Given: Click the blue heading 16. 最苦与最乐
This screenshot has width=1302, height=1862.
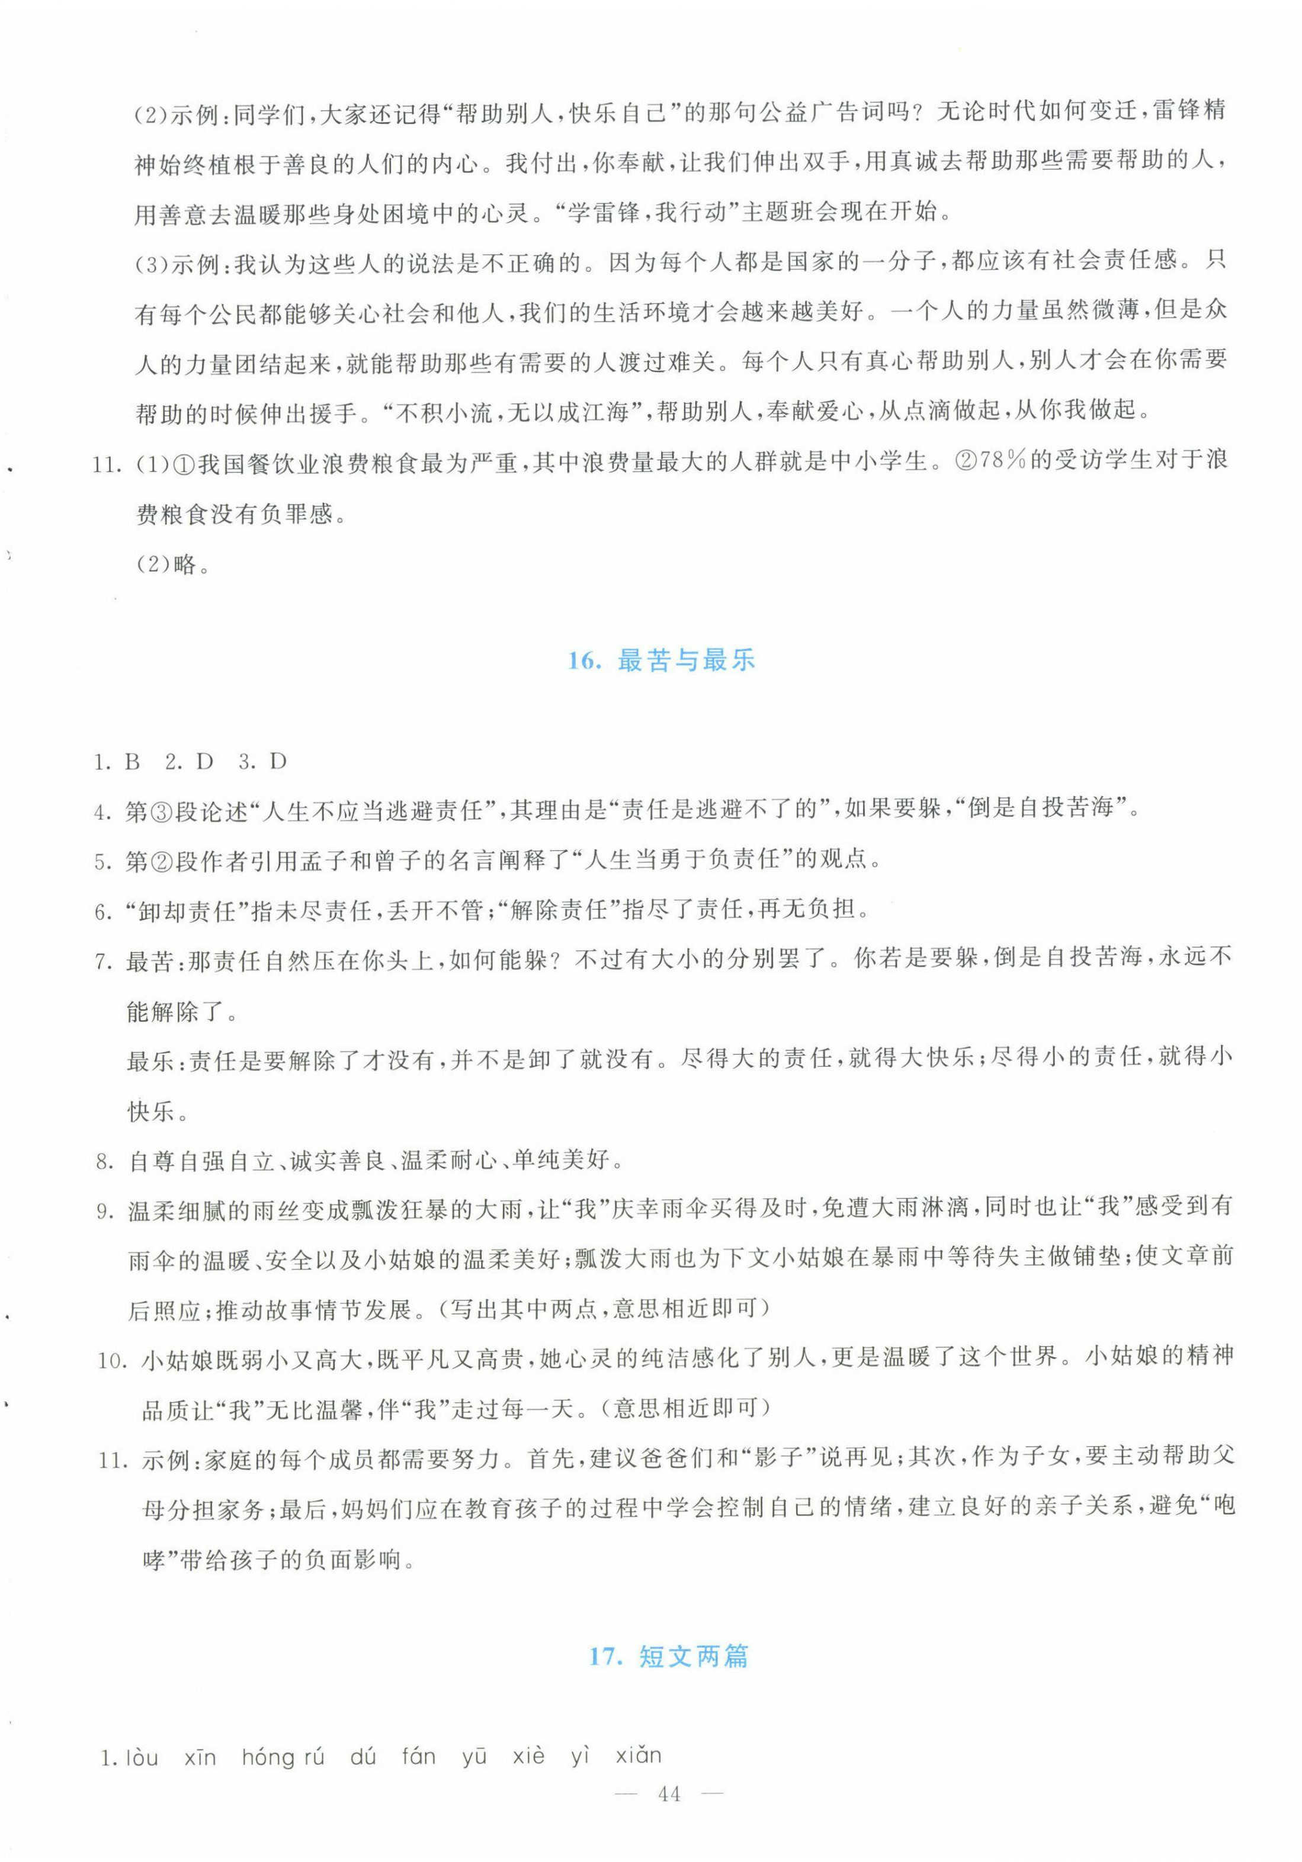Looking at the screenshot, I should (x=660, y=661).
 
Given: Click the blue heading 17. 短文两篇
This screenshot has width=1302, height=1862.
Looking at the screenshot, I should (x=669, y=1655).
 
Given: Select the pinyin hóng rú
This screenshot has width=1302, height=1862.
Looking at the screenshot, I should (x=283, y=1757).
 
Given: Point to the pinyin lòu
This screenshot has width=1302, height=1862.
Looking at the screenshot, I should (x=142, y=1757).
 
